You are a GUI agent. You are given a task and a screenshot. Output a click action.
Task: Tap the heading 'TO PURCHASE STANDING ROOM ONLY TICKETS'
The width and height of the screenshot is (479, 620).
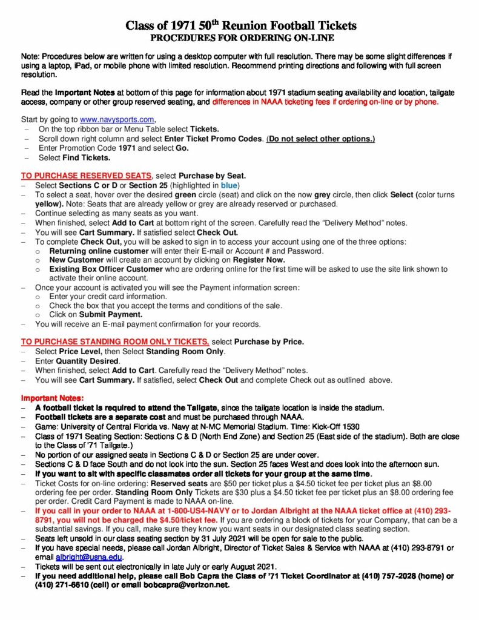(115, 341)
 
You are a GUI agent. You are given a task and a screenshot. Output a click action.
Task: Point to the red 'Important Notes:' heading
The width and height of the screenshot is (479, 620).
(50, 398)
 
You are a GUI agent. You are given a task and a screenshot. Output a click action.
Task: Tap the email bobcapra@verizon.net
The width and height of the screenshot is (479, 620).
(191, 585)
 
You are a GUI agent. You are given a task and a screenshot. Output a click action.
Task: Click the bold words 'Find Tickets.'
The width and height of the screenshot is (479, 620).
(87, 157)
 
